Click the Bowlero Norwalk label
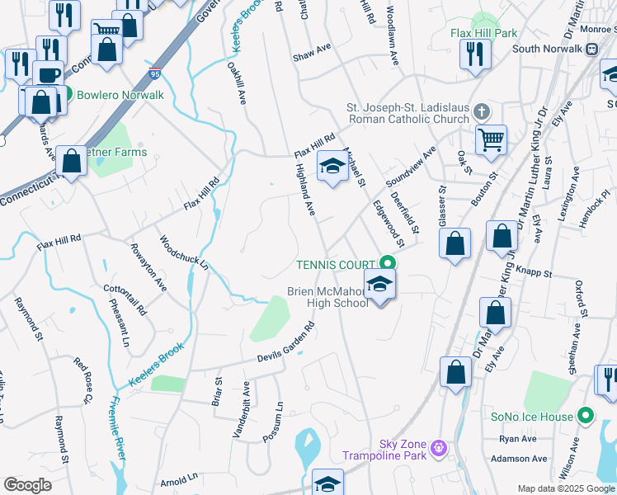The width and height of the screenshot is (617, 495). click(120, 95)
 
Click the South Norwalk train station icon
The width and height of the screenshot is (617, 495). click(591, 49)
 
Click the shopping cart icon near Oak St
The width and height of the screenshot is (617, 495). click(491, 139)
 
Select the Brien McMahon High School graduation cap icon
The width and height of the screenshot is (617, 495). click(379, 285)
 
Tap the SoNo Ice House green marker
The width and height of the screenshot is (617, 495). click(586, 417)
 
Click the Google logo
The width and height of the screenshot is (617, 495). click(27, 485)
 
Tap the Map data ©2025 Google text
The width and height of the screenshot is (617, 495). click(566, 488)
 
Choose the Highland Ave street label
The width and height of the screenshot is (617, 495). click(305, 190)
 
